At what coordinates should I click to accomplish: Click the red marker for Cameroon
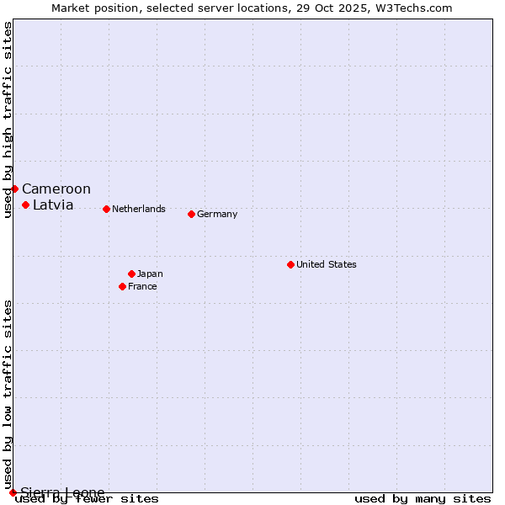coord(14,189)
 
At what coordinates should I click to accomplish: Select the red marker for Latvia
coord(25,205)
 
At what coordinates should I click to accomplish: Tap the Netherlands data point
coord(106,209)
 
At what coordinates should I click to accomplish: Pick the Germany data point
coord(191,214)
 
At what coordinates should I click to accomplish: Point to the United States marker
coord(290,264)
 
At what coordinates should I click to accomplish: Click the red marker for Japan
coord(131,274)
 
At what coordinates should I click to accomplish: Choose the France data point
coord(122,286)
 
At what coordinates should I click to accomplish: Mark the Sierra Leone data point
coord(13,492)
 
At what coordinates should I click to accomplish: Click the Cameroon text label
coord(56,189)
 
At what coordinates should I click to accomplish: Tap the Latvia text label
coord(53,205)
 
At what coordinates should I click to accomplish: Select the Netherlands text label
coord(139,210)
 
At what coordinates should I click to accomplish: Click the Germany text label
coord(217,215)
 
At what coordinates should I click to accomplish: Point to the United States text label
coord(327,265)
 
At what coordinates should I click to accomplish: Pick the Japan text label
coord(150,274)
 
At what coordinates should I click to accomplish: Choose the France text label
coord(142,287)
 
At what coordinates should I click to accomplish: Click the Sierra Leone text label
coord(62,493)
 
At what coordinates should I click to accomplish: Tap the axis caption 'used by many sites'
coord(423,499)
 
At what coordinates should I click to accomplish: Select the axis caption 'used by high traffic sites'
coord(8,120)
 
